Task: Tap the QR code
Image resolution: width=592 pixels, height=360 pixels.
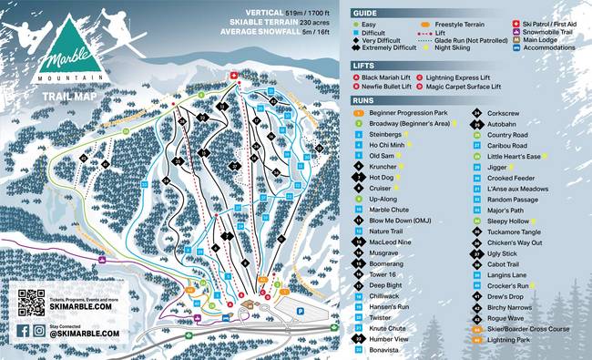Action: (31, 302)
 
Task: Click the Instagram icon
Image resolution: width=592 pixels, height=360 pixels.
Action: (39, 331)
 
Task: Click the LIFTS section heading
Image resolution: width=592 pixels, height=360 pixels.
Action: (363, 67)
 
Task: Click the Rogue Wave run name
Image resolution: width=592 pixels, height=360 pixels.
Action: (505, 317)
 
